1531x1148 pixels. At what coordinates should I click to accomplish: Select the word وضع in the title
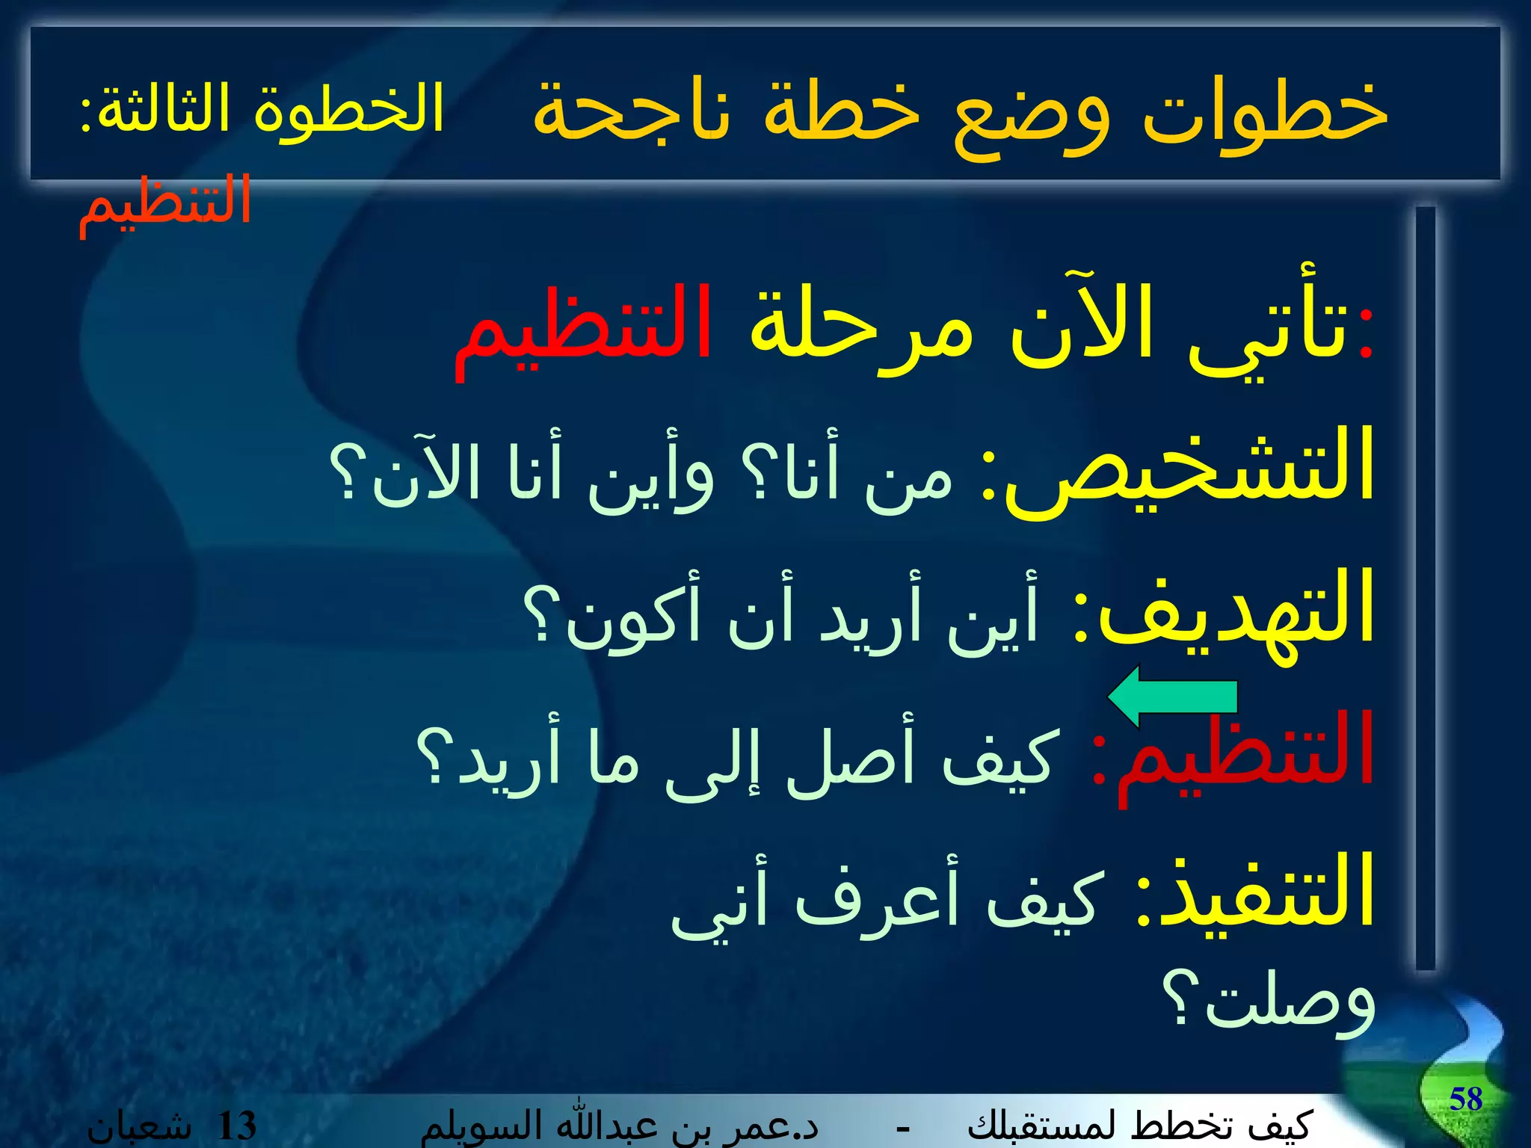[1032, 116]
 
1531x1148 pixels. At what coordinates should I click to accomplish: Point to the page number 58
[1465, 1099]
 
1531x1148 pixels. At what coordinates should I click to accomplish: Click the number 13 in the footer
[236, 1126]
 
